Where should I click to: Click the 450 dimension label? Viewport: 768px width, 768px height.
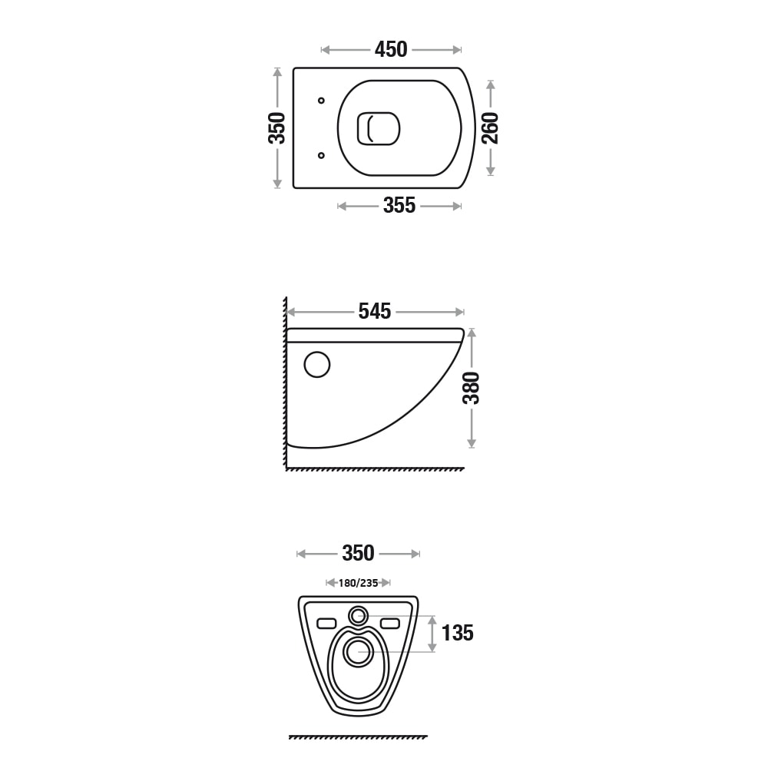(x=391, y=49)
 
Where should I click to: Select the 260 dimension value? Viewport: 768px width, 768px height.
(x=490, y=127)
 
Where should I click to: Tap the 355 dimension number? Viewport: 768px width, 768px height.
(x=399, y=206)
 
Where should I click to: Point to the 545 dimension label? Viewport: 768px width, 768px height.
(x=375, y=312)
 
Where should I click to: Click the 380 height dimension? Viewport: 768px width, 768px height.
(x=472, y=388)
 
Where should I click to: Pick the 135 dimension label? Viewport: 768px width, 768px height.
(x=458, y=633)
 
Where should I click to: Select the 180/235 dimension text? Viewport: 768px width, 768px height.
(x=358, y=583)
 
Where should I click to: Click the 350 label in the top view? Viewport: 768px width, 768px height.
(x=276, y=127)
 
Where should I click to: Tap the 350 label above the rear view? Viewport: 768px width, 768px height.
(x=358, y=554)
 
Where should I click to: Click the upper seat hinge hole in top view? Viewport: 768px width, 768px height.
(x=321, y=101)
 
